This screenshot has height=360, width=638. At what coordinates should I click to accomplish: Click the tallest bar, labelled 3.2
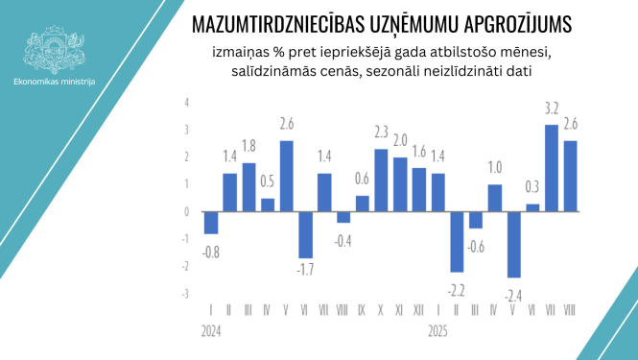pos(552,168)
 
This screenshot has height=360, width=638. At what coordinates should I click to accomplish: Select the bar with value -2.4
pos(513,244)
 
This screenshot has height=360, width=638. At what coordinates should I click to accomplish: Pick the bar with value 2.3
pos(381,180)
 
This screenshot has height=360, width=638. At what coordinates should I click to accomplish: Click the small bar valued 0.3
pos(532,207)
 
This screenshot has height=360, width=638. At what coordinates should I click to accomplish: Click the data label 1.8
pos(248,146)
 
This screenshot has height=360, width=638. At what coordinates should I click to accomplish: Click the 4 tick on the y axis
pos(186,102)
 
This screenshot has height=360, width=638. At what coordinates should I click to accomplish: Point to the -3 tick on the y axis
pos(185,294)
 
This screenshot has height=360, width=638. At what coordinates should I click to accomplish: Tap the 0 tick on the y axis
pos(186,212)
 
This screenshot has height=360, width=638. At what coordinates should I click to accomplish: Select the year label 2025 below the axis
pos(438,331)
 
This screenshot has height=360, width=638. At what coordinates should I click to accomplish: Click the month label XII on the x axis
pos(419,312)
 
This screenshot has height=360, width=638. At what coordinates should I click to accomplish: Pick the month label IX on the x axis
pos(362,312)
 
